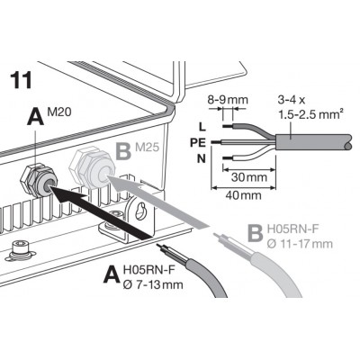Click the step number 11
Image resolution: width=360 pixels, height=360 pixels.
tap(21, 80)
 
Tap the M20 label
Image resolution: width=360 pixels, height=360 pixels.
tap(59, 112)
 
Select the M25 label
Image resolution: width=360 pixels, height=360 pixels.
tap(147, 148)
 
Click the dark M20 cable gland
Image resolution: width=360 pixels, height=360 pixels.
tap(39, 180)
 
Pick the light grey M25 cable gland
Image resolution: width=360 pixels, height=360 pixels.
tap(92, 168)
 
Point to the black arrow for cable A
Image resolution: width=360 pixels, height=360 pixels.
tap(102, 212)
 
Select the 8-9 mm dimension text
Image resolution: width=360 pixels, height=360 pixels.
tap(228, 100)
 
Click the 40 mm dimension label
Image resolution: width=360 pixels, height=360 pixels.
tap(243, 195)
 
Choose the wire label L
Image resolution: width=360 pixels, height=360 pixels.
tap(202, 127)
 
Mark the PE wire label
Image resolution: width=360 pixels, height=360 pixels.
tap(198, 142)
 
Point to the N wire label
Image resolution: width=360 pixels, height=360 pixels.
tap(202, 158)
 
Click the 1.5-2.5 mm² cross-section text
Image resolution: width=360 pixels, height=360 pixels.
tap(310, 114)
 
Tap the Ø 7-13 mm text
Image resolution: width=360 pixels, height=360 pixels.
tap(153, 284)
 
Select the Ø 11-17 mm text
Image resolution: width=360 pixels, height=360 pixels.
tap(300, 244)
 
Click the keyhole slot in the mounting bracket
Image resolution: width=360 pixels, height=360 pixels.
tap(139, 211)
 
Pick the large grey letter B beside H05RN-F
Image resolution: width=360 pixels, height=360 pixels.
tap(256, 232)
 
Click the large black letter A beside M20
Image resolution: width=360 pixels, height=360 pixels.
tap(36, 116)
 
